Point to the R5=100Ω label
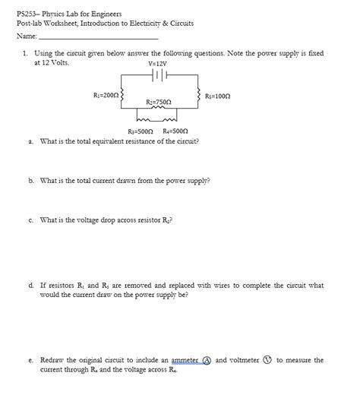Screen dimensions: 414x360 click(218, 96)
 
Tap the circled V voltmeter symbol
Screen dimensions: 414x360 click(267, 360)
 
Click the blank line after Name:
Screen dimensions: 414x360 click(98, 36)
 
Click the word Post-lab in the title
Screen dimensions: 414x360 click(31, 24)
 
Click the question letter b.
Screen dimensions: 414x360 click(30, 181)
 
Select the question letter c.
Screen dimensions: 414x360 click(30, 220)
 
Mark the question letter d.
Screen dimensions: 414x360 click(30, 286)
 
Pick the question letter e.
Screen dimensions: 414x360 click(30, 360)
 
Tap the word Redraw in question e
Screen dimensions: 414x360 click(52, 360)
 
